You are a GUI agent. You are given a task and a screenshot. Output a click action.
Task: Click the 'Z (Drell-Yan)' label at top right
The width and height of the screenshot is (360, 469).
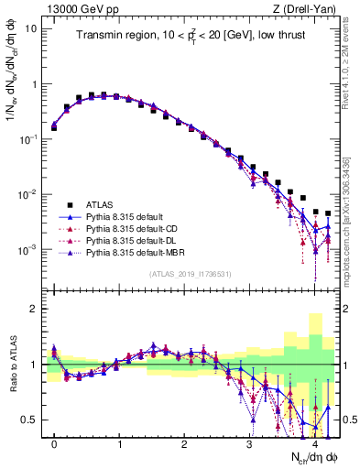click(x=309, y=8)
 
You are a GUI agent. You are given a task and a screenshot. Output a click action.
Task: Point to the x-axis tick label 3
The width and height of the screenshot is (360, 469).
click(x=250, y=443)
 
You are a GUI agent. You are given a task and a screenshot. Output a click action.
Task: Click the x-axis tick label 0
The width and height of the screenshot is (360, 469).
click(x=54, y=443)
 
